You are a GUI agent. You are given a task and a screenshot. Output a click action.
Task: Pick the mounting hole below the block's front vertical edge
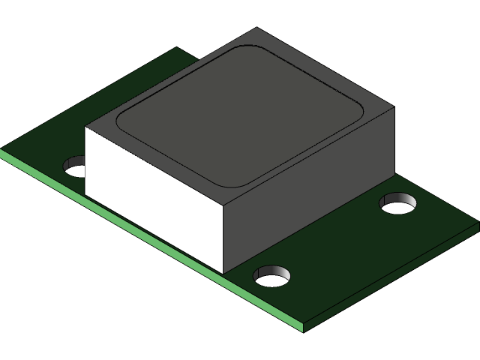tap(271, 275)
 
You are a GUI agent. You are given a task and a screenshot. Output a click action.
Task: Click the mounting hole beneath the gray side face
tap(397, 202)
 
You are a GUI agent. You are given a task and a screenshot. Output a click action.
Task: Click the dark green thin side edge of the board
tap(390, 277)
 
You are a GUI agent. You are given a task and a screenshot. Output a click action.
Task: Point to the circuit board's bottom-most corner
tap(303, 331)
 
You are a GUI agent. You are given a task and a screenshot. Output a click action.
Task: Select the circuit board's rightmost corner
tap(478, 223)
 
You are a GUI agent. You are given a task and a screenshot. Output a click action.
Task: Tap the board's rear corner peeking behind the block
tap(177, 49)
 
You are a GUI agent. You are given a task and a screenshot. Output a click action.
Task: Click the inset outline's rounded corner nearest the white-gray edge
tap(229, 184)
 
